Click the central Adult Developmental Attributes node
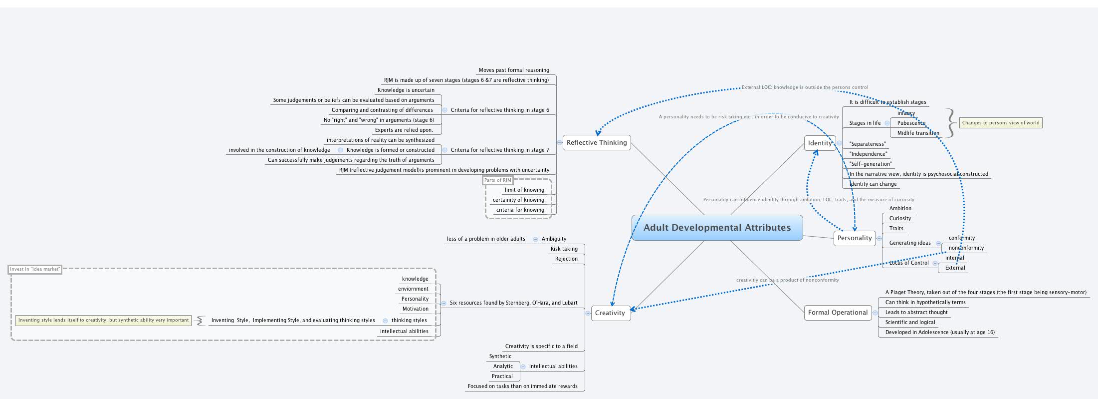click(717, 228)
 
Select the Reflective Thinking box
click(597, 143)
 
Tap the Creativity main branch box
click(610, 313)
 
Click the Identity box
click(820, 143)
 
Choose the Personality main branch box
click(855, 238)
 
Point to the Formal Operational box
click(838, 313)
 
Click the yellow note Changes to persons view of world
click(1000, 123)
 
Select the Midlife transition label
click(918, 133)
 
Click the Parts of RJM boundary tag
click(497, 180)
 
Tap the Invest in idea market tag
click(35, 269)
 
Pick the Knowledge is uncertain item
click(406, 90)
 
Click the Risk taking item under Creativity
click(564, 249)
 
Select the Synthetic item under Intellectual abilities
click(500, 356)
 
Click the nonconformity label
click(966, 248)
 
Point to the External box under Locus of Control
click(955, 268)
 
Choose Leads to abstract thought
click(916, 312)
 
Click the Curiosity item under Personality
click(900, 218)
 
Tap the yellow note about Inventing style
click(103, 320)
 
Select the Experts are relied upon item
click(404, 130)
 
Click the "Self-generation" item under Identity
click(870, 164)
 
